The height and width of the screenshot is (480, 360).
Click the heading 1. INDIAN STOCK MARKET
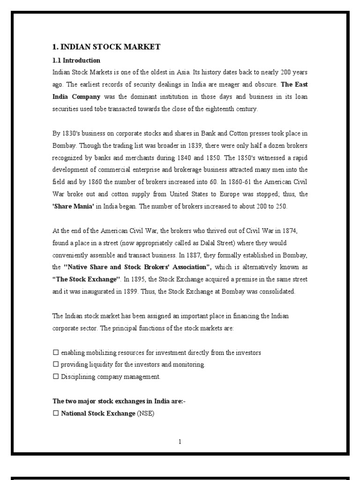[x=106, y=47]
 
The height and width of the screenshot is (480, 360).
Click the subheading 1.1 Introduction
[x=76, y=60]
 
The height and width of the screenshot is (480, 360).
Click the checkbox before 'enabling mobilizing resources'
[x=55, y=352]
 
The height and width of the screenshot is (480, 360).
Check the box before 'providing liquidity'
[x=55, y=365]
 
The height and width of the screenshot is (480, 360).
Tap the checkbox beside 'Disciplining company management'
[x=55, y=377]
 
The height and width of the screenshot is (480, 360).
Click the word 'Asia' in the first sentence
[x=182, y=73]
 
